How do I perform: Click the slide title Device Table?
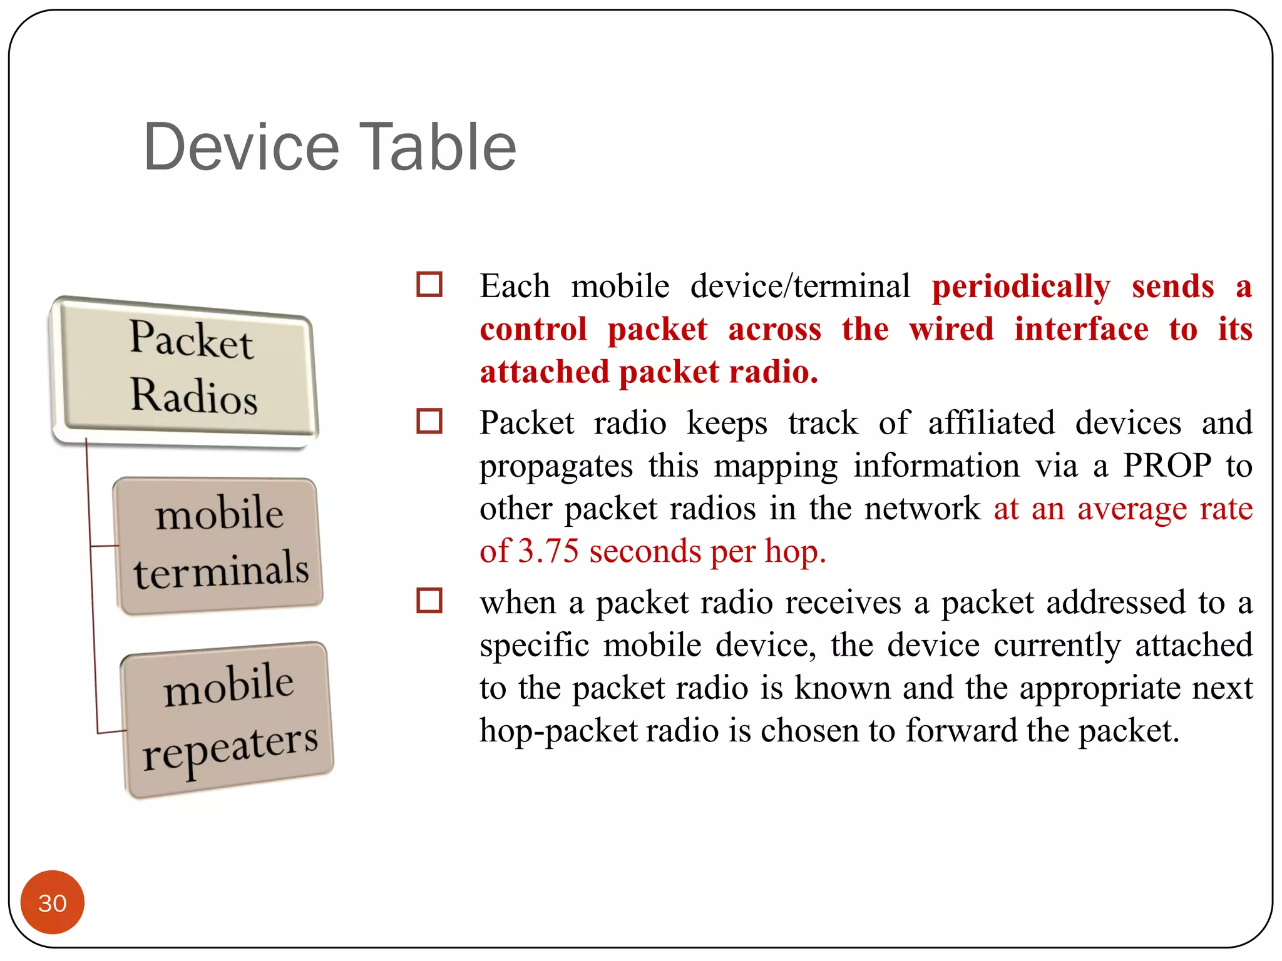click(330, 148)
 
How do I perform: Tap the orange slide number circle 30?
click(53, 902)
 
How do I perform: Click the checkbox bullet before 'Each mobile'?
click(429, 285)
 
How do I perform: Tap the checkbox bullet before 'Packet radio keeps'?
click(429, 421)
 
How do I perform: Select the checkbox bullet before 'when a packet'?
click(429, 601)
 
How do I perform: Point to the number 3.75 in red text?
click(548, 552)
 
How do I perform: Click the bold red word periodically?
click(1020, 287)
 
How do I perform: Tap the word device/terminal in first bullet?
click(800, 287)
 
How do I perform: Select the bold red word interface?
click(1081, 330)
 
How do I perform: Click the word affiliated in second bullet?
click(991, 424)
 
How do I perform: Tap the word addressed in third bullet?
click(1115, 603)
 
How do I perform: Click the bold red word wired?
click(951, 330)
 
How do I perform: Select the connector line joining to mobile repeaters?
click(110, 731)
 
